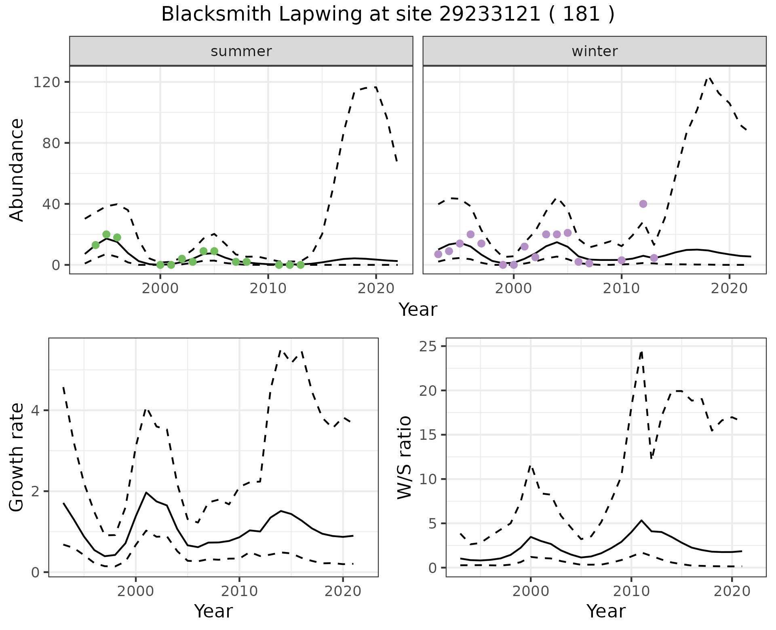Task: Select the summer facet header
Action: pos(241,51)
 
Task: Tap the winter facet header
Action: pos(594,51)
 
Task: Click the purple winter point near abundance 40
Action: pos(643,204)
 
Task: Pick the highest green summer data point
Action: pos(106,234)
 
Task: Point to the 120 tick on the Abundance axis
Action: pos(46,82)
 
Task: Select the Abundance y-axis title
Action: pos(17,170)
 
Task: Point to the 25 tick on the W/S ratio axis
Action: pos(428,346)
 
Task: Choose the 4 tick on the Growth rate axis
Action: pos(35,411)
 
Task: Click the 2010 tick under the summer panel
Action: pos(268,288)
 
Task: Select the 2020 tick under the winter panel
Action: pos(729,288)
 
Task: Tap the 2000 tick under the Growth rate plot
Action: pos(136,591)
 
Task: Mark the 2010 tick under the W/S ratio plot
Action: pos(631,591)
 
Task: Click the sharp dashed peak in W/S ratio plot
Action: pos(641,352)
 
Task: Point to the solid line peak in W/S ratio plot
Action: pos(641,520)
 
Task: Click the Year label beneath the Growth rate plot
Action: pos(213,611)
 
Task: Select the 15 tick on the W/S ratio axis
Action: pos(428,435)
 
